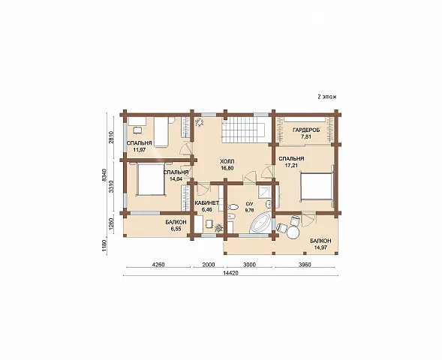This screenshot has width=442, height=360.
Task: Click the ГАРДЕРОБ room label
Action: [x=306, y=130]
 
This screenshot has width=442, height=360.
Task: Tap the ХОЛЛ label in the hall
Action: [x=227, y=162]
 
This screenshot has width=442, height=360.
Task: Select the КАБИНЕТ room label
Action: [x=206, y=203]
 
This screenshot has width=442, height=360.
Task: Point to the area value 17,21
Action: [x=291, y=166]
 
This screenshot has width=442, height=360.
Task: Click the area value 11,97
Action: [x=140, y=150]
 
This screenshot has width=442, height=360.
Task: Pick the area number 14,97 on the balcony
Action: [x=320, y=247]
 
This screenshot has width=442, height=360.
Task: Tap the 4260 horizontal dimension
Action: [x=158, y=265]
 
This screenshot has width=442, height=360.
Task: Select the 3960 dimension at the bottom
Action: [x=305, y=265]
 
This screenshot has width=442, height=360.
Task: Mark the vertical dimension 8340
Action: [x=104, y=175]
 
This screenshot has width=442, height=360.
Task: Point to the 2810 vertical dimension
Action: [x=111, y=137]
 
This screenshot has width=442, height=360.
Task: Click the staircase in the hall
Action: [x=244, y=130]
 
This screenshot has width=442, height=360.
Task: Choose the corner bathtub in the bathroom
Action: [x=261, y=223]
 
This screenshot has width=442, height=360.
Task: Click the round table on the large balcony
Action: [x=293, y=233]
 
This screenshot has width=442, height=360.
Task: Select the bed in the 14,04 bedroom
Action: [x=150, y=179]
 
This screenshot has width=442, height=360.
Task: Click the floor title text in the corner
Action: [x=327, y=97]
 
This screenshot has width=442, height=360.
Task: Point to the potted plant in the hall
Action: [x=200, y=122]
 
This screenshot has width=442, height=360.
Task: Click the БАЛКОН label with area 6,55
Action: [x=176, y=223]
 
